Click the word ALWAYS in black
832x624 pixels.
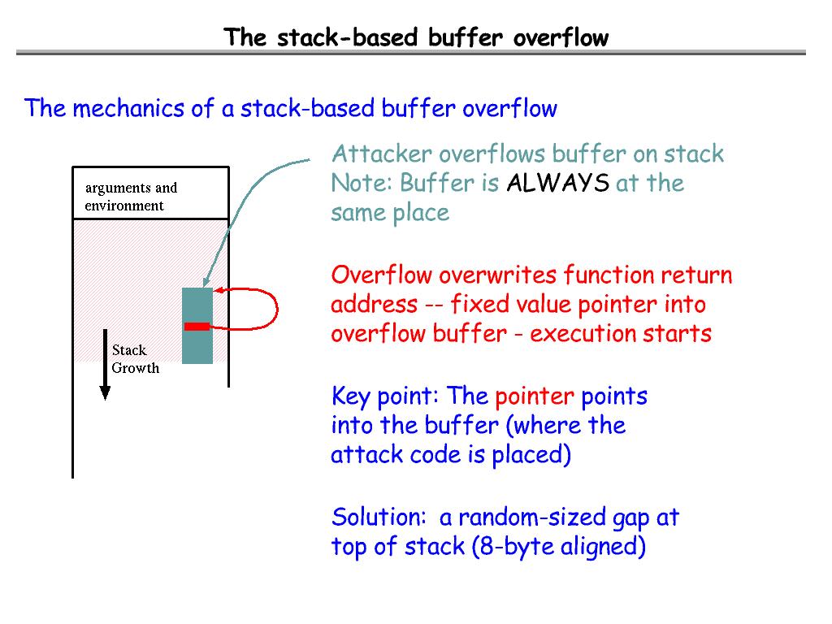point(557,184)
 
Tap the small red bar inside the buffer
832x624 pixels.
point(197,327)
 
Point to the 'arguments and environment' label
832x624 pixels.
point(131,197)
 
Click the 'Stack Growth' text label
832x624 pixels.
point(135,359)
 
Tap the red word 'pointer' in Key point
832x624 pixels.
point(534,397)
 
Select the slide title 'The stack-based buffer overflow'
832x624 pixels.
point(416,37)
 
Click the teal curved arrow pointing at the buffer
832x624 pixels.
point(244,195)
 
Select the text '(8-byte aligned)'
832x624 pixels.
point(558,547)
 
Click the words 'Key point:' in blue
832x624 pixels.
point(385,397)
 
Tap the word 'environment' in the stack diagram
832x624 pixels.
point(124,206)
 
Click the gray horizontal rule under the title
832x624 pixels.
point(410,53)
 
